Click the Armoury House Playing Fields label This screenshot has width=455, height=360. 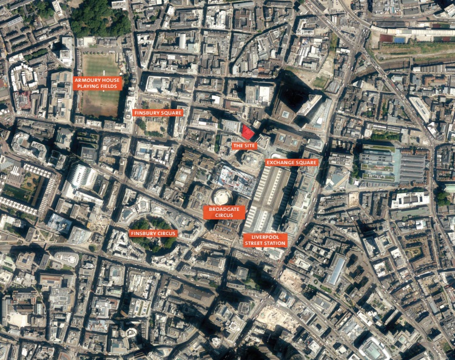click(x=98, y=83)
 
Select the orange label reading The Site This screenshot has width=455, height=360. click(x=244, y=146)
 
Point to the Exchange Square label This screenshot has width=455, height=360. click(x=291, y=162)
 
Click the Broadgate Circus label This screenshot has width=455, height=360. click(x=224, y=212)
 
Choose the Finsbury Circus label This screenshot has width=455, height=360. click(x=153, y=233)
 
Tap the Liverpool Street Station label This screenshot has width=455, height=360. click(x=265, y=240)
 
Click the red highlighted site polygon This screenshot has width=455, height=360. click(x=247, y=132)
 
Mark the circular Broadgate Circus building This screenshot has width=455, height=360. click(x=221, y=197)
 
